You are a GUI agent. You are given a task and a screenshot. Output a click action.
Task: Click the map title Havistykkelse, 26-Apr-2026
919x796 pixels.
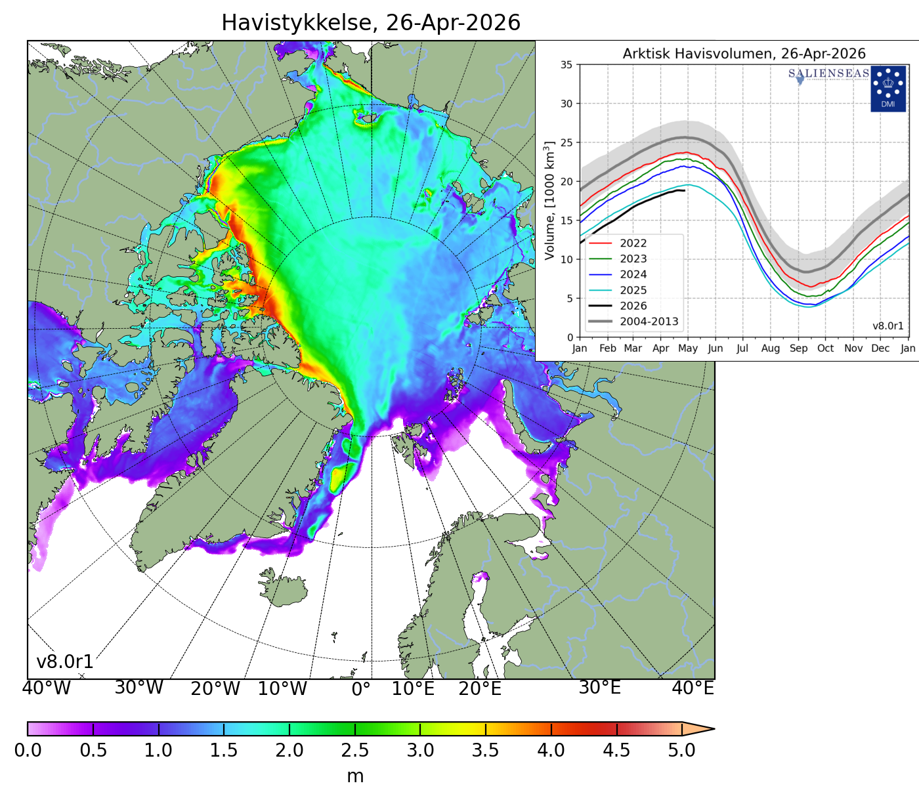(371, 23)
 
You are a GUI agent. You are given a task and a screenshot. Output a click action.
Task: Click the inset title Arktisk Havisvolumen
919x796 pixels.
(744, 54)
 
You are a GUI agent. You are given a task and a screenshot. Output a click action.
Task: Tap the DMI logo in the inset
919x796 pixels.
(887, 89)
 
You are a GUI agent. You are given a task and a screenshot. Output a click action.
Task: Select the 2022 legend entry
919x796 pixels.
(633, 243)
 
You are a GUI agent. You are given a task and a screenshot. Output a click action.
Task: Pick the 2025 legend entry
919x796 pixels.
(633, 291)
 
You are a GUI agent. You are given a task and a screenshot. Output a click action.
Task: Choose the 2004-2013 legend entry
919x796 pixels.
(649, 322)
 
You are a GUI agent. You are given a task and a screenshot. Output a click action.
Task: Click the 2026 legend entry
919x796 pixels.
(633, 306)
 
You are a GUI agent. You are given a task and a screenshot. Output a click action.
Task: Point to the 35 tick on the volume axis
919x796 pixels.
(566, 65)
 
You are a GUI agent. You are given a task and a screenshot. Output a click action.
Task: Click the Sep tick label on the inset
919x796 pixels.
(798, 348)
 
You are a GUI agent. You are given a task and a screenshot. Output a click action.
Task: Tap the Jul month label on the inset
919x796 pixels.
(742, 348)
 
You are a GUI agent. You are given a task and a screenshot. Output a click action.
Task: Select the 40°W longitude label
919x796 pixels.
(46, 688)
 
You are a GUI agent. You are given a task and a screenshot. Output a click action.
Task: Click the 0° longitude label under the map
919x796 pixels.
(361, 689)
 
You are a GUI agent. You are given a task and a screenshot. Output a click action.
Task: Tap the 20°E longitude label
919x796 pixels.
(480, 689)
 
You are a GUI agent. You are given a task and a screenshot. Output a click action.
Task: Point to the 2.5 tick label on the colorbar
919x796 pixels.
(355, 750)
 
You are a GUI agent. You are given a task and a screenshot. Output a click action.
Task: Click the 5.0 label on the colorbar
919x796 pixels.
(681, 750)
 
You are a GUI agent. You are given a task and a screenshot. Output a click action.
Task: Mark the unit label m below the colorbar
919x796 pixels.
(355, 776)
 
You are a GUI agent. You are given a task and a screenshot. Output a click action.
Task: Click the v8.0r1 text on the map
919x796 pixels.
(65, 661)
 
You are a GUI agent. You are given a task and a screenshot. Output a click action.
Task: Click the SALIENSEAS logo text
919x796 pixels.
(828, 73)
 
